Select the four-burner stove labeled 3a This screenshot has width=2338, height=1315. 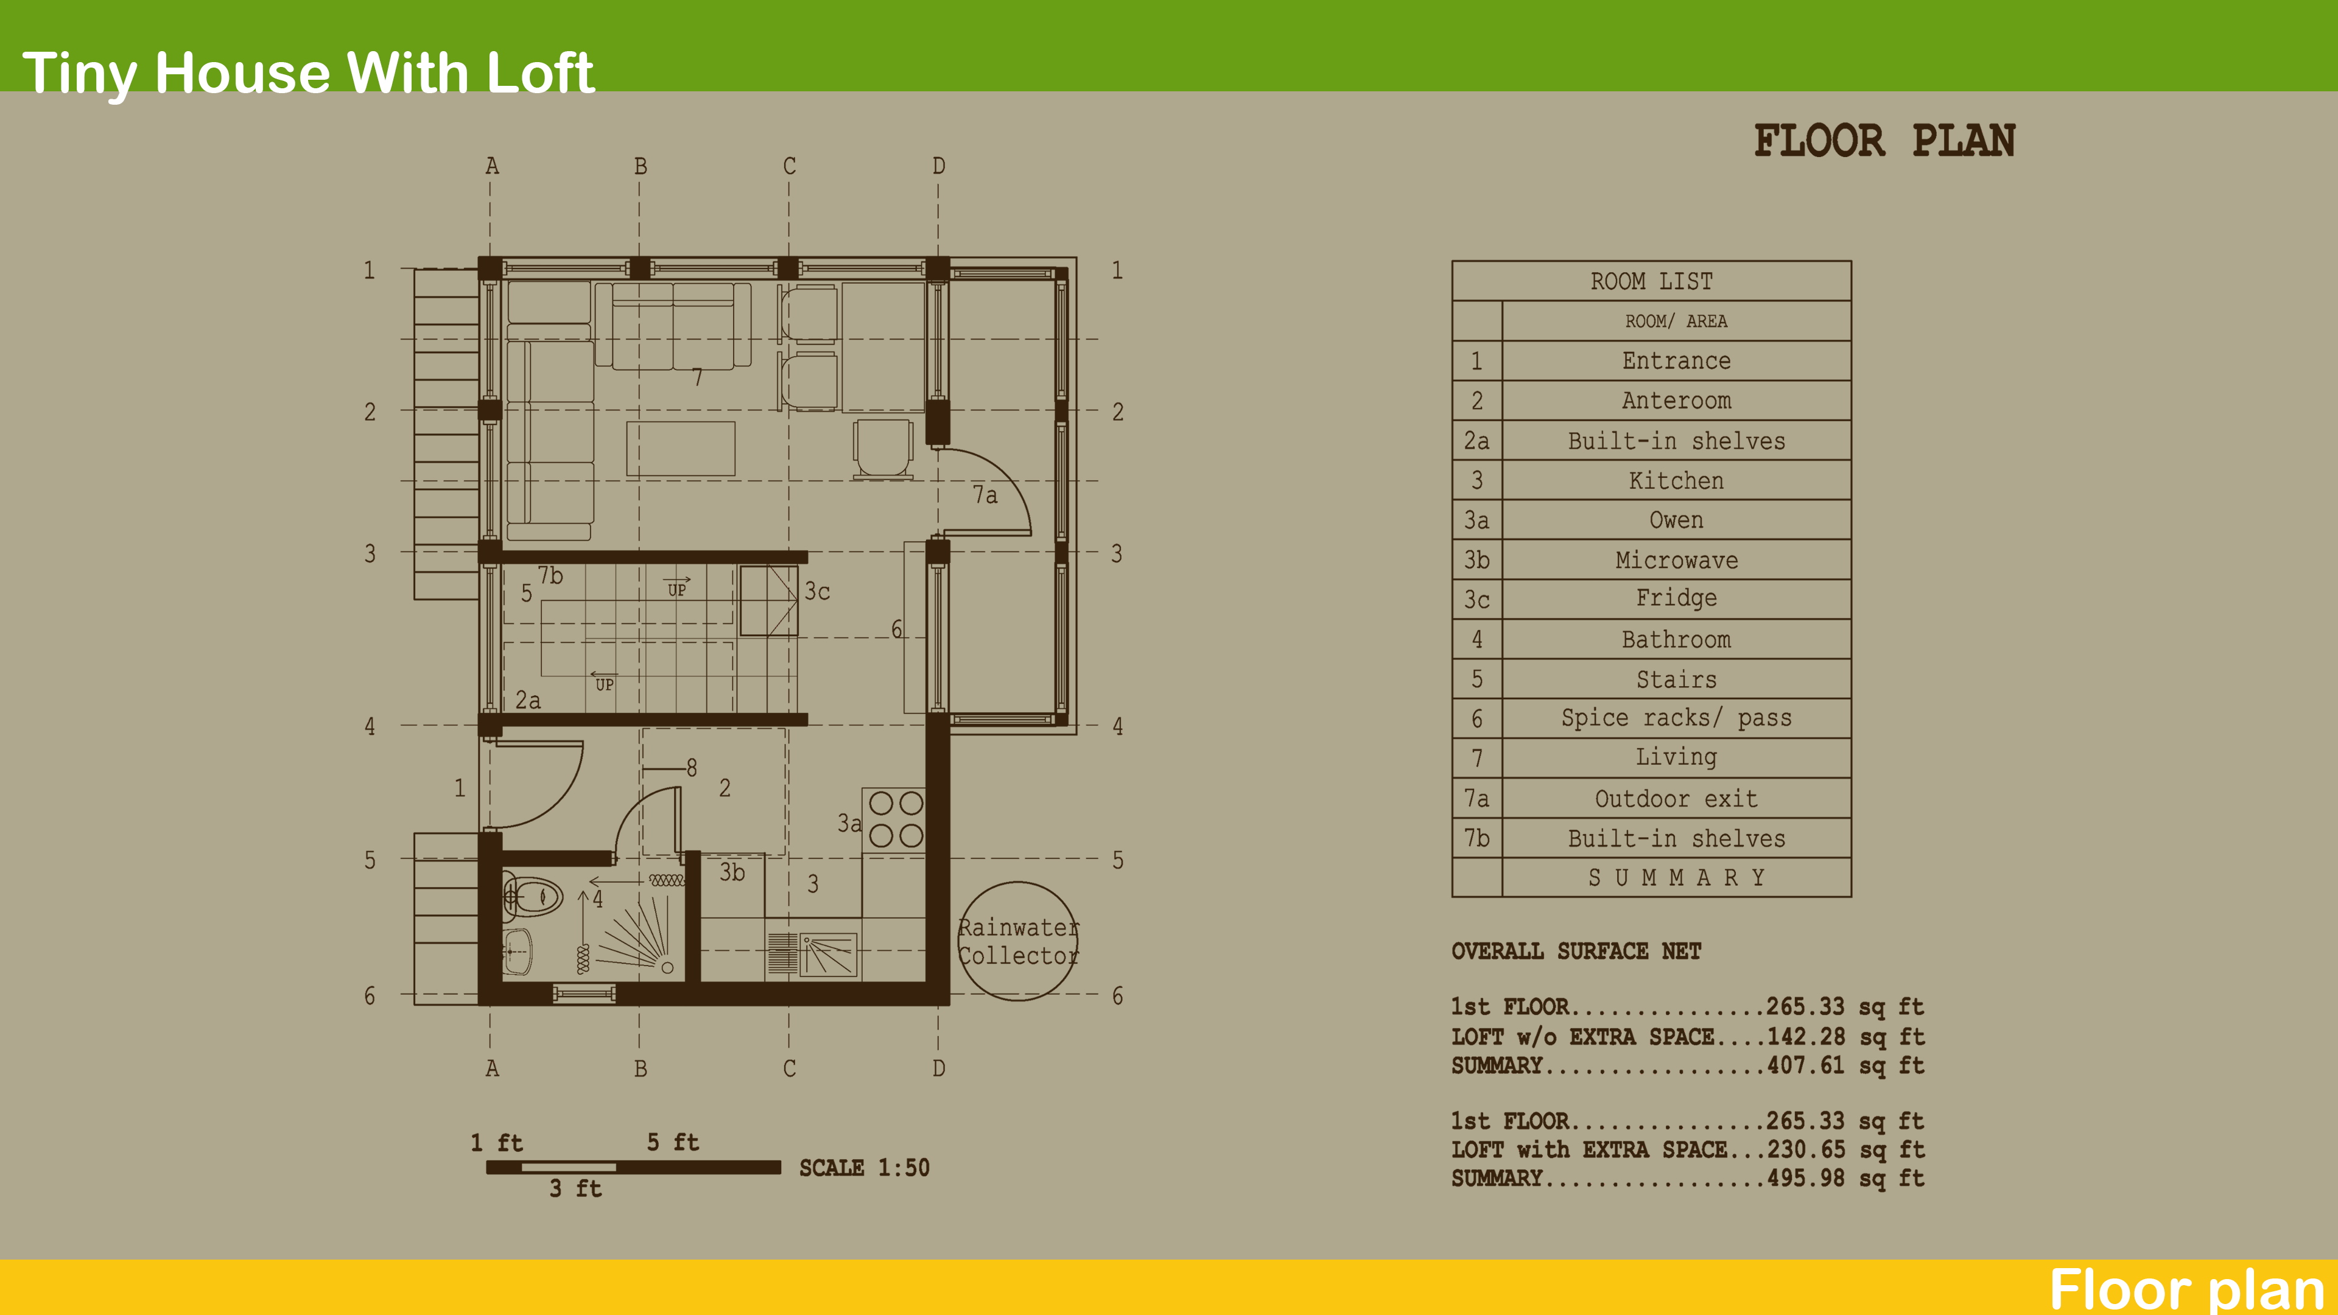click(895, 819)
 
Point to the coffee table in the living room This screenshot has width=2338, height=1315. click(681, 448)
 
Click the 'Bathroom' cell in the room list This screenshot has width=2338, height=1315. click(1676, 640)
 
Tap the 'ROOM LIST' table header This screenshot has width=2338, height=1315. click(1651, 281)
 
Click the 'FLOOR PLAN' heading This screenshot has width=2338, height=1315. click(1884, 142)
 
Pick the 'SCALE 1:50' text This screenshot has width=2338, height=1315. click(864, 1168)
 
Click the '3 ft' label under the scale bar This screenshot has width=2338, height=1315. click(575, 1189)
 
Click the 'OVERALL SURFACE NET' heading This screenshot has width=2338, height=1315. click(1576, 951)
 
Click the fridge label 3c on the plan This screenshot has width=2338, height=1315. click(817, 592)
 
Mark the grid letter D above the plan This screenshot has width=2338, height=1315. click(938, 166)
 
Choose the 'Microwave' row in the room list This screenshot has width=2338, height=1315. click(1676, 560)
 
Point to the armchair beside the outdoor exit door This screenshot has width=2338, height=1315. click(882, 446)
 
